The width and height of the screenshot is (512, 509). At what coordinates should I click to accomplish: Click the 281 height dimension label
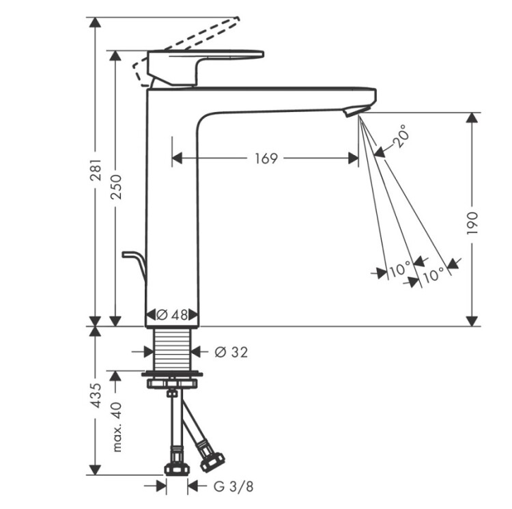pyautogui.click(x=96, y=170)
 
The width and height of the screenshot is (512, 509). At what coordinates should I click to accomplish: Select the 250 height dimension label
pyautogui.click(x=115, y=187)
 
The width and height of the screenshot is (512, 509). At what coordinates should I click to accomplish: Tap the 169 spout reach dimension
pyautogui.click(x=266, y=159)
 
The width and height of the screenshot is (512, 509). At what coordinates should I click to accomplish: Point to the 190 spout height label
pyautogui.click(x=472, y=223)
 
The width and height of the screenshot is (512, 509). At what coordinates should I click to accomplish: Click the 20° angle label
pyautogui.click(x=400, y=136)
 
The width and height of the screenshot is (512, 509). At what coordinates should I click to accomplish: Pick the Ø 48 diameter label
pyautogui.click(x=172, y=315)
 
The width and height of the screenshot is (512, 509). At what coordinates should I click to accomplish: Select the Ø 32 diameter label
pyautogui.click(x=231, y=352)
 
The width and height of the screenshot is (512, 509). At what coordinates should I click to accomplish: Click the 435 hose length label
pyautogui.click(x=96, y=396)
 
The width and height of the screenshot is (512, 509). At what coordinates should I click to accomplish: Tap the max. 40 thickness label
pyautogui.click(x=116, y=427)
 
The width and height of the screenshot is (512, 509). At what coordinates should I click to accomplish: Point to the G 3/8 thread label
pyautogui.click(x=233, y=486)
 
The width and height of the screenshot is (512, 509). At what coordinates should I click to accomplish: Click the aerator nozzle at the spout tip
pyautogui.click(x=356, y=111)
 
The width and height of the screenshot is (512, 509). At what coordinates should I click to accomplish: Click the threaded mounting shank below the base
pyautogui.click(x=172, y=350)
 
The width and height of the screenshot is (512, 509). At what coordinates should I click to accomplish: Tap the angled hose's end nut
pyautogui.click(x=212, y=461)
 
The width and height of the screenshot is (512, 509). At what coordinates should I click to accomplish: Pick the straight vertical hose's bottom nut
pyautogui.click(x=177, y=469)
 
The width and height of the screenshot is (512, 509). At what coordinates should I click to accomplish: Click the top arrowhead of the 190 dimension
pyautogui.click(x=472, y=118)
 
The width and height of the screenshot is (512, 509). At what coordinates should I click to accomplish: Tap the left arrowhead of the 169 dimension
pyautogui.click(x=177, y=159)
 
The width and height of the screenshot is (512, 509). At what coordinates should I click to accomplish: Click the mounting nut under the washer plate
pyautogui.click(x=172, y=383)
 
